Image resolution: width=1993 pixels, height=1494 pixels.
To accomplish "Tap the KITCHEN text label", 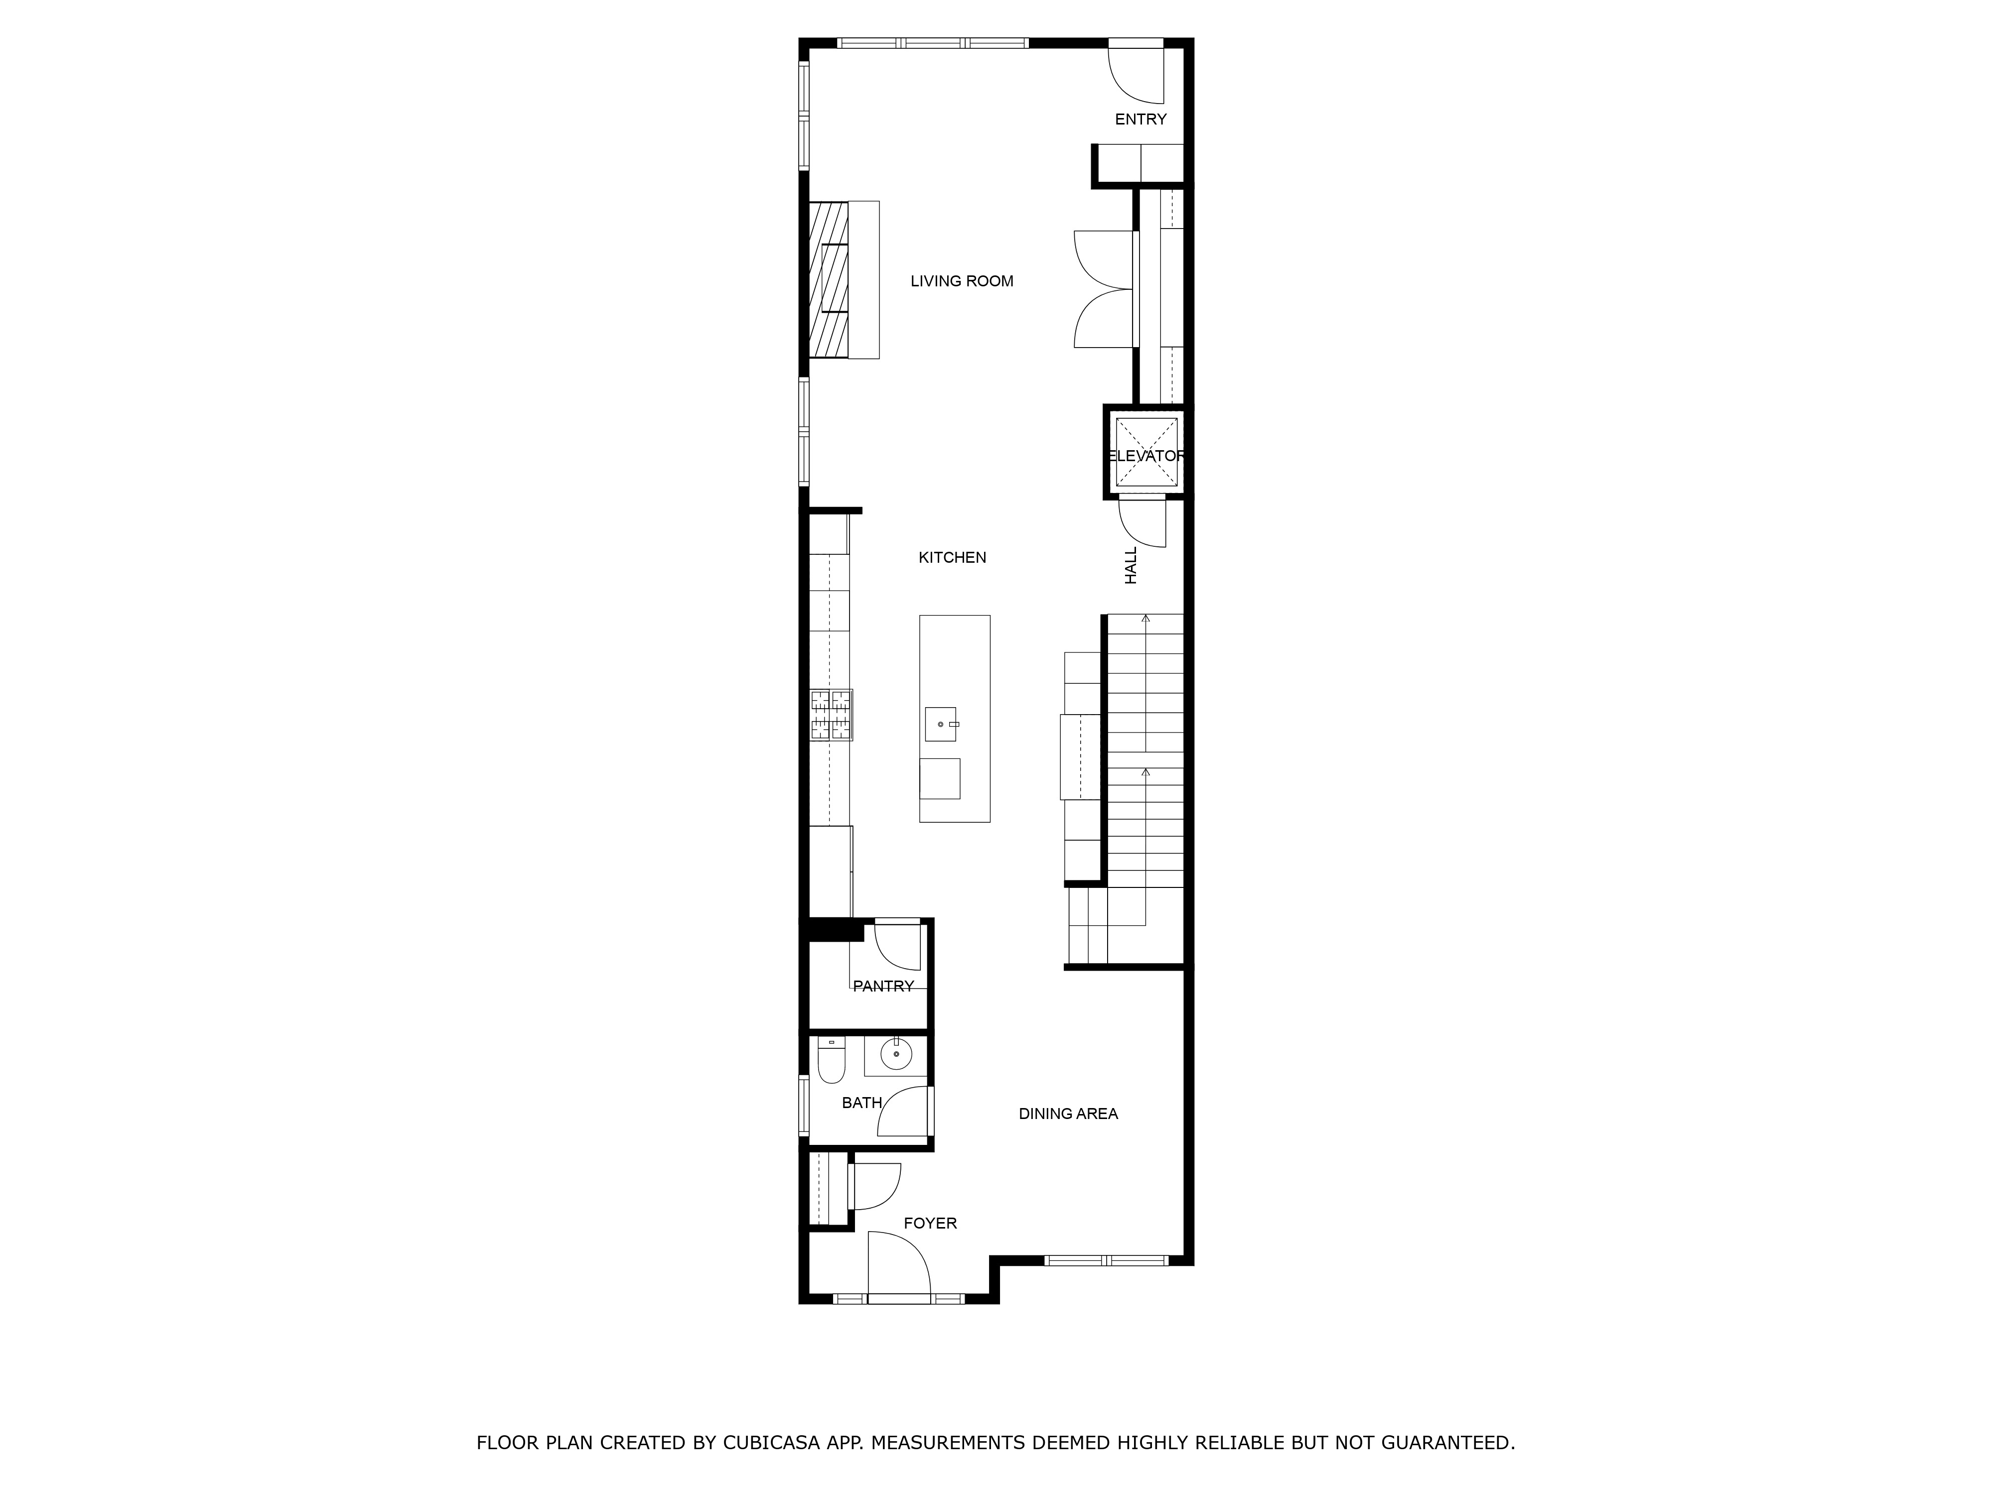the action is [952, 557].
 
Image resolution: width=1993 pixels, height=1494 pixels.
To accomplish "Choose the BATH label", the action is [861, 1102].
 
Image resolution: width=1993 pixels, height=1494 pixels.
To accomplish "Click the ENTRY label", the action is [1140, 119].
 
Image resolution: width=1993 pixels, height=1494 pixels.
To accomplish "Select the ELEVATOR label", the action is [1146, 456].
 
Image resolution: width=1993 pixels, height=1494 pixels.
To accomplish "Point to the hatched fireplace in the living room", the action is [829, 279].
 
